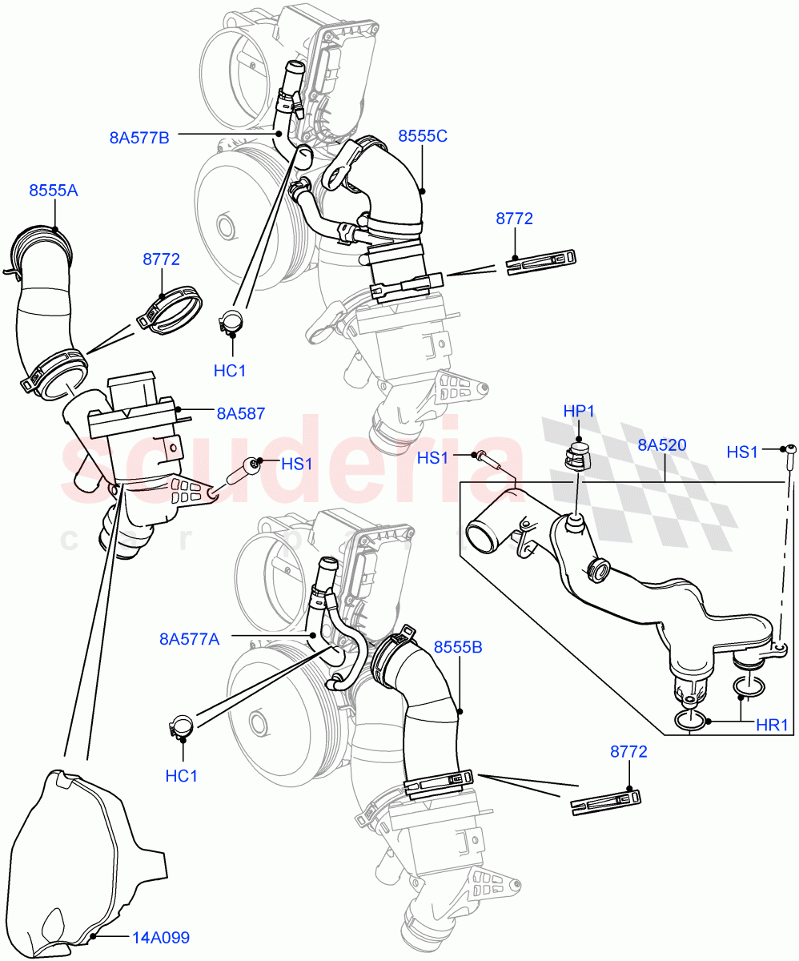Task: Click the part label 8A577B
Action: (139, 137)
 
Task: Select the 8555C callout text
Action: (423, 136)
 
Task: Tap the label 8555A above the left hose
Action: (54, 191)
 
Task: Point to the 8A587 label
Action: (240, 414)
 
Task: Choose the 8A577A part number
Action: (189, 638)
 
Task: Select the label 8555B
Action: (458, 646)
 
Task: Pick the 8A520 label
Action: (662, 445)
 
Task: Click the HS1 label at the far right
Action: (742, 452)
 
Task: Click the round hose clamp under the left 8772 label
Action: (172, 310)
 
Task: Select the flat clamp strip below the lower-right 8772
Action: (606, 801)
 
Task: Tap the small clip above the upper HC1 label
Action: (231, 322)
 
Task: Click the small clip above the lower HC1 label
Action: (183, 726)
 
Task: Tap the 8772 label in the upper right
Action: (514, 219)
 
